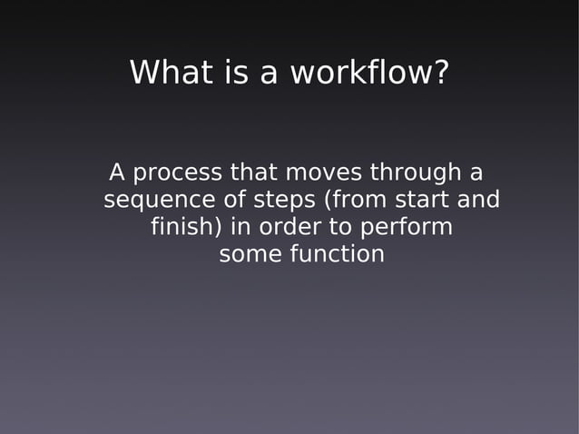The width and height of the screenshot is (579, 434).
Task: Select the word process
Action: [x=178, y=172]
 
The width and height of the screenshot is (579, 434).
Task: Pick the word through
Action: [x=412, y=172]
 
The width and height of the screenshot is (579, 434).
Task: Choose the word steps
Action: [x=281, y=200]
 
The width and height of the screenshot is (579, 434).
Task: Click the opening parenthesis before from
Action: [x=328, y=200]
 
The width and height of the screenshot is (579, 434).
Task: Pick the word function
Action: [x=337, y=255]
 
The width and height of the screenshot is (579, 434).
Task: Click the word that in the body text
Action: [x=255, y=172]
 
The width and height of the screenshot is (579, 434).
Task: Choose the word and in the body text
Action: [x=480, y=200]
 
